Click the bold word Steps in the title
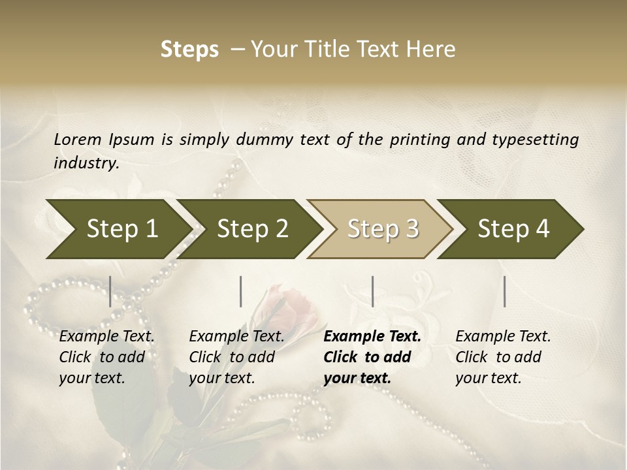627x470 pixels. (189, 50)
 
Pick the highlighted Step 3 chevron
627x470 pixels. (383, 228)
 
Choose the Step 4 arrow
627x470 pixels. (513, 228)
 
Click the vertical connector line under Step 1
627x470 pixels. (110, 291)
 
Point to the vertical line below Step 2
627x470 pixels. (241, 291)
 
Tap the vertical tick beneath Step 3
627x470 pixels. (372, 291)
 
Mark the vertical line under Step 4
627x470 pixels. (504, 291)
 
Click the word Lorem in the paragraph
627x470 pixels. (78, 139)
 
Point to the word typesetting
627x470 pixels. (540, 139)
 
